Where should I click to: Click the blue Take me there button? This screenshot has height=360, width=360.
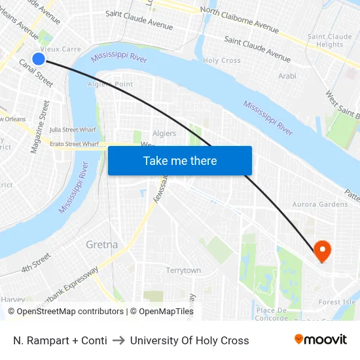(180, 160)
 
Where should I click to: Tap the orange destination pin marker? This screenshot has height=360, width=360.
(322, 250)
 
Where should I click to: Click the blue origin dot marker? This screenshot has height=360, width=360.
(39, 59)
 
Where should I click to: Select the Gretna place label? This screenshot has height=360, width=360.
(102, 245)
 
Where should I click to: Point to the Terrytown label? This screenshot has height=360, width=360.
(183, 270)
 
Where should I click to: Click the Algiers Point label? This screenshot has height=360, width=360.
(115, 84)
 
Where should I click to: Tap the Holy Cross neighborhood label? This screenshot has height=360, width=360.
(222, 60)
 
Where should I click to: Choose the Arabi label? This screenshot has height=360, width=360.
(287, 76)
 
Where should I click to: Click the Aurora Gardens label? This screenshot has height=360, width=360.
(321, 204)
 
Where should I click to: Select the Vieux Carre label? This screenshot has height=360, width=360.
(61, 49)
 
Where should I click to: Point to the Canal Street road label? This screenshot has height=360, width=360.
(36, 73)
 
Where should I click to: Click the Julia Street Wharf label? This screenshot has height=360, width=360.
(73, 130)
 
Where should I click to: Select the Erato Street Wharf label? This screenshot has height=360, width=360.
(74, 143)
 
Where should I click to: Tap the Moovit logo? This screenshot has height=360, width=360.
(321, 340)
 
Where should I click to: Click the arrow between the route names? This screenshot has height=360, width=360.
(118, 340)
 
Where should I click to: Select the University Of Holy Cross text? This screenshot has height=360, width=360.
(189, 340)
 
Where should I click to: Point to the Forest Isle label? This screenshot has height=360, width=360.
(337, 302)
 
